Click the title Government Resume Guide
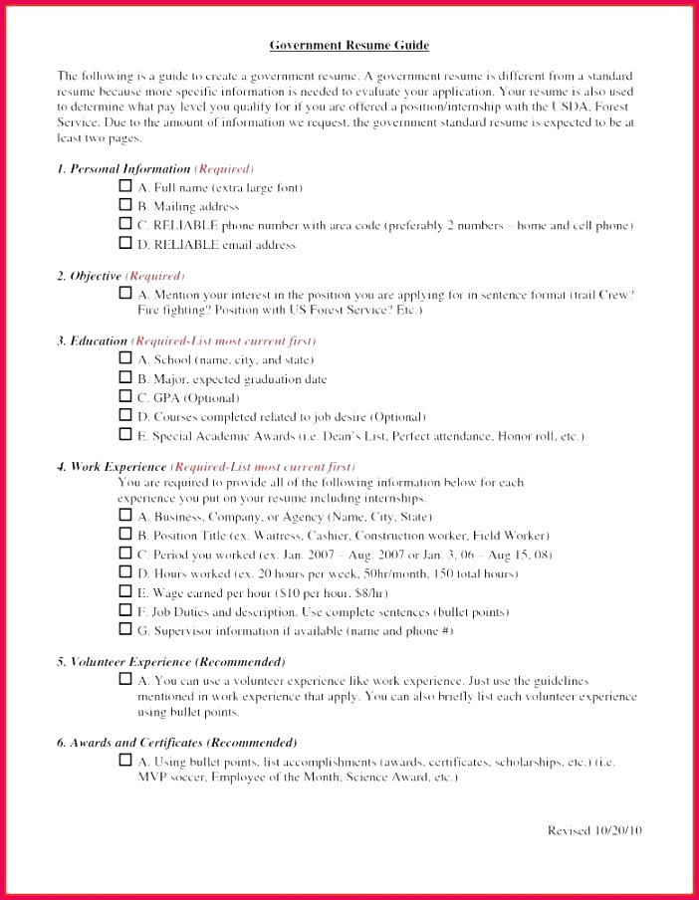[349, 45]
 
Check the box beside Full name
[125, 186]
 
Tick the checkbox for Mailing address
[125, 205]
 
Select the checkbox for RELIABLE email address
[125, 243]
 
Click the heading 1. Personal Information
[123, 169]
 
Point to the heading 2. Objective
[90, 276]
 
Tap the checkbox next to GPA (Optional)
[125, 396]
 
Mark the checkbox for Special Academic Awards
[125, 434]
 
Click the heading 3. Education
[93, 340]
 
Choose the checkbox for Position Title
[125, 534]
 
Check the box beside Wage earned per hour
[125, 590]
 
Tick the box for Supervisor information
[125, 628]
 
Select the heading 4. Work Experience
[112, 466]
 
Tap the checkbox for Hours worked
[125, 571]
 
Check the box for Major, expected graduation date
[125, 377]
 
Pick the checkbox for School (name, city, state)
[125, 357]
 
